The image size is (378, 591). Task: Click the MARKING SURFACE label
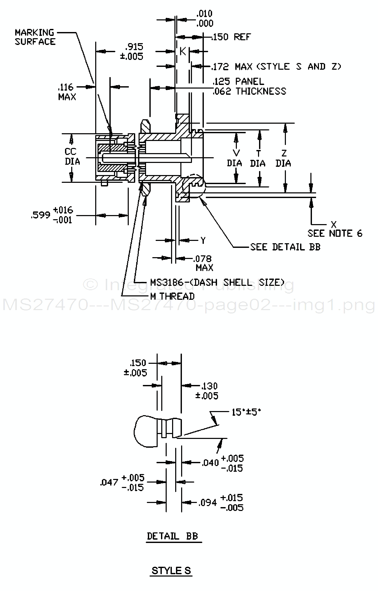click(x=35, y=37)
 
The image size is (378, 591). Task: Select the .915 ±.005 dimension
click(x=132, y=51)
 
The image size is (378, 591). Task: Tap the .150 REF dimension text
click(x=231, y=37)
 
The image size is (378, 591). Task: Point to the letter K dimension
click(x=183, y=51)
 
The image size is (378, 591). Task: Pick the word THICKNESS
click(x=261, y=91)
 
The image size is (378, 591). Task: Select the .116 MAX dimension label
click(x=67, y=92)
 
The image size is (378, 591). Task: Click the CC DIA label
click(x=72, y=156)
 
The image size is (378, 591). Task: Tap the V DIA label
click(x=235, y=158)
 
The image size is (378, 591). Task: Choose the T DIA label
click(x=258, y=158)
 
